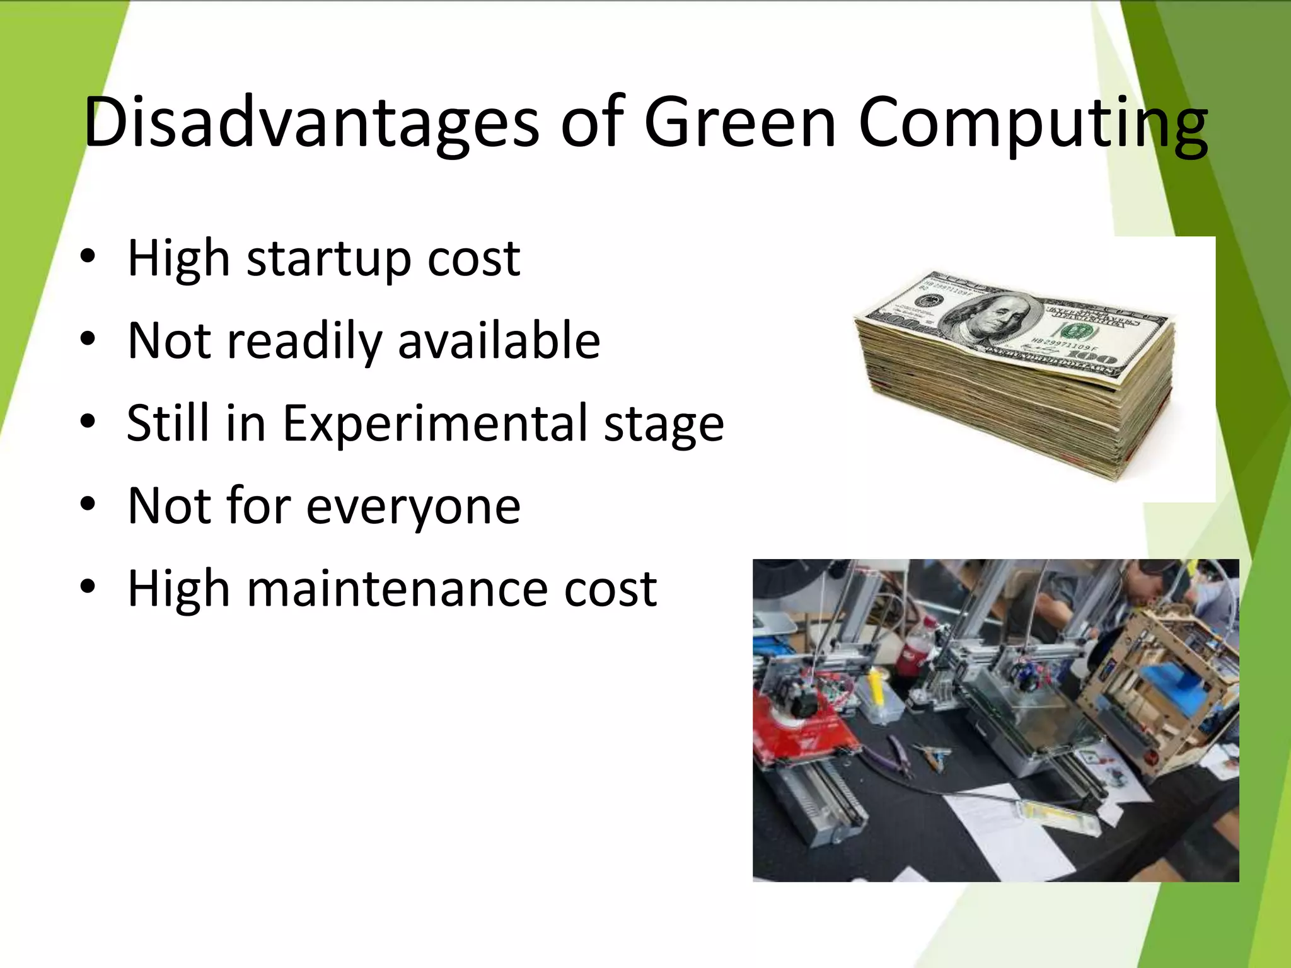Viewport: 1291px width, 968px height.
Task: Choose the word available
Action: (499, 341)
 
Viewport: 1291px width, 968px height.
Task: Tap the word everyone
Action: (413, 506)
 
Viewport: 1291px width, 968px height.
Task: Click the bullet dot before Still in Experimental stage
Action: (88, 421)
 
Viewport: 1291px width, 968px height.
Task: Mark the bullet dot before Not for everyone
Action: (88, 504)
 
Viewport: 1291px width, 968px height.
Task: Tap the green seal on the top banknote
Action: (1070, 331)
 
